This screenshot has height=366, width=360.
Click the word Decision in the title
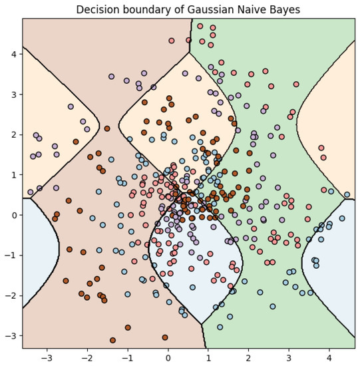coord(98,10)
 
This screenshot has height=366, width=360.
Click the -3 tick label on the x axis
coord(47,357)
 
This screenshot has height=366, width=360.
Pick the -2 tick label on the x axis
coord(87,357)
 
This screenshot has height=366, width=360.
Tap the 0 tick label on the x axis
coord(168,357)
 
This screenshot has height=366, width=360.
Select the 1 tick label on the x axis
coord(208,357)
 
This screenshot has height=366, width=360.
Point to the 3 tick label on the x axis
coord(289,357)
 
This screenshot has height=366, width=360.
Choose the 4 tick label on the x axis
coord(329,357)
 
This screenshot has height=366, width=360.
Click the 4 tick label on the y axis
coord(13,54)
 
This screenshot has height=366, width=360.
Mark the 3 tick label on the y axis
coord(13,94)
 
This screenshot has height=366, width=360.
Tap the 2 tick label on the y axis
coord(13,134)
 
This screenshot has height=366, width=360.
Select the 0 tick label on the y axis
coord(13,215)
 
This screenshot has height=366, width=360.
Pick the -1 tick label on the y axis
coord(11,256)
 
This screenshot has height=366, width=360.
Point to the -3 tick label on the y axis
coord(11,336)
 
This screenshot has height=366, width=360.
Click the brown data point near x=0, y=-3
coord(165,337)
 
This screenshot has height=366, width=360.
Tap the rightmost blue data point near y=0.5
coord(347,195)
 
